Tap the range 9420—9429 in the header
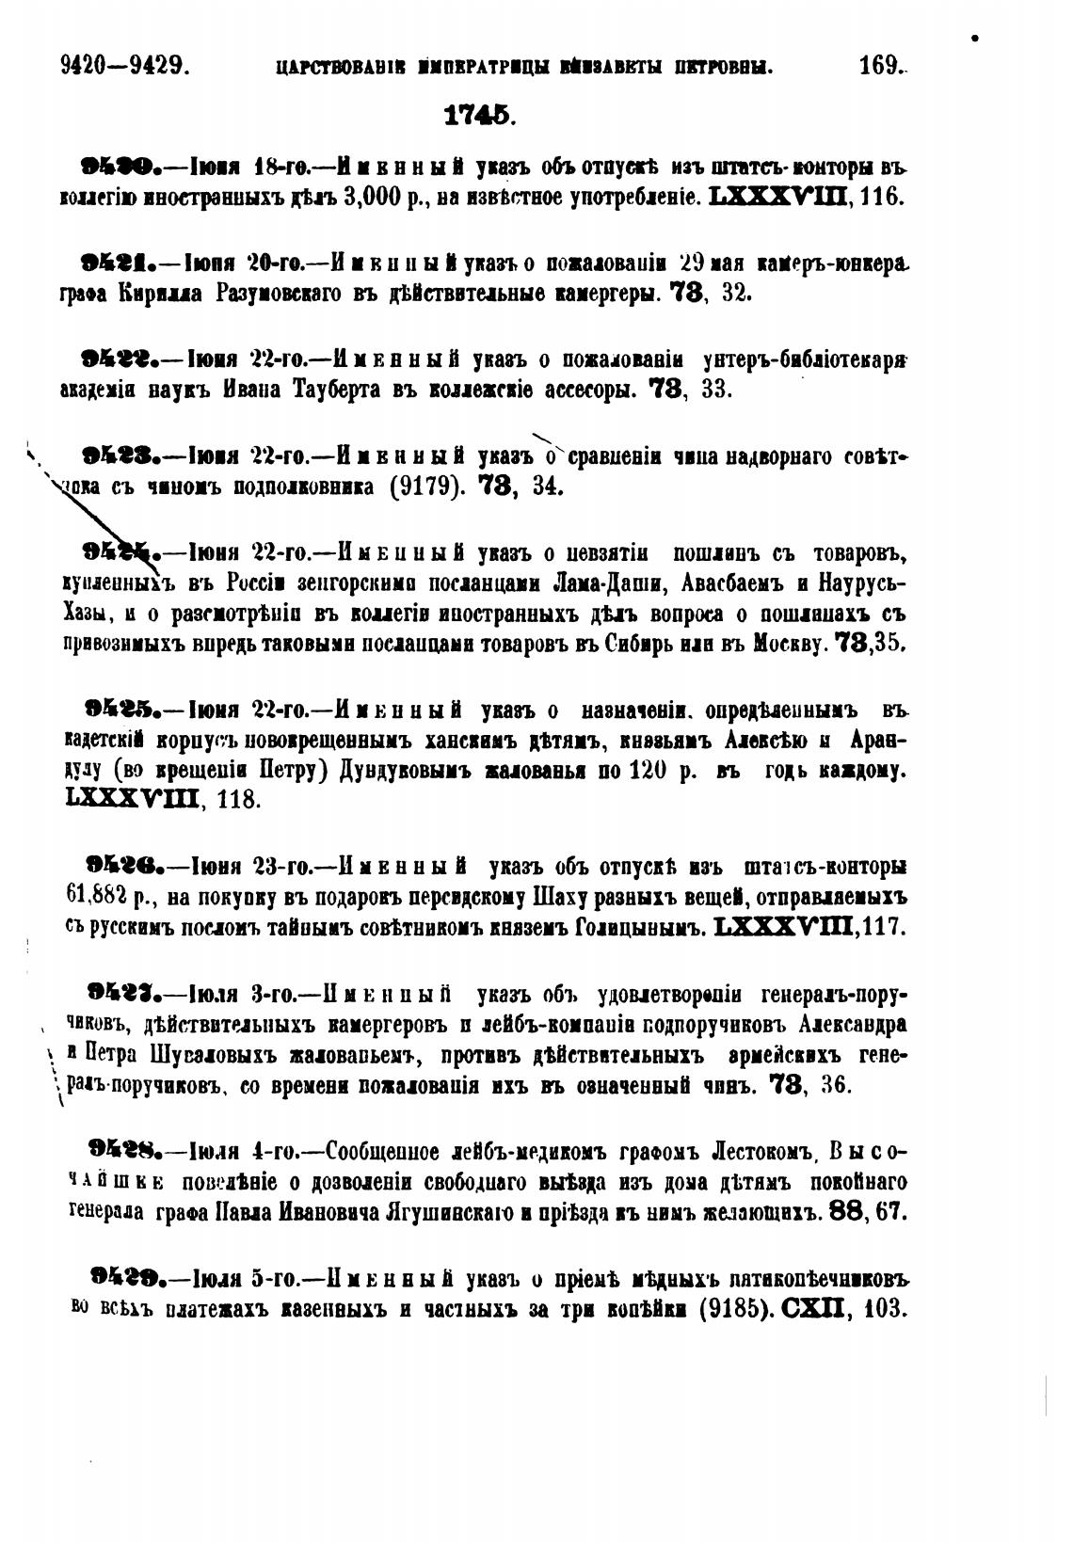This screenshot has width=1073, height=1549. pos(125,66)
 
